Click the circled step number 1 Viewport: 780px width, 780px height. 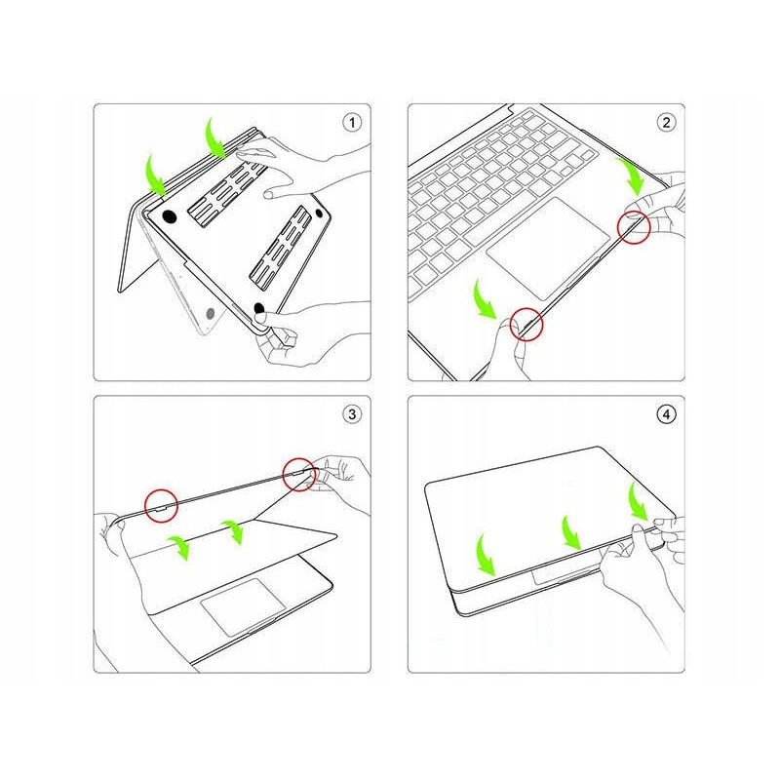tap(352, 123)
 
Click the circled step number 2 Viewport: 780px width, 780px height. tap(666, 123)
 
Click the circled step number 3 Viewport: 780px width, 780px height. tap(352, 414)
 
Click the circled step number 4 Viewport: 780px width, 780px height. tap(666, 414)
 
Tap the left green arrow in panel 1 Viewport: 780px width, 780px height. tap(156, 173)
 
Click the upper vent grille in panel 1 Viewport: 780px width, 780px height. tap(226, 193)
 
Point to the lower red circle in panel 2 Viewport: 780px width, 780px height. tap(530, 325)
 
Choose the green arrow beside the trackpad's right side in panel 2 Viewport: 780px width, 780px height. tap(634, 177)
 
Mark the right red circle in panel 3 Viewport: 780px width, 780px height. tap(298, 476)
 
